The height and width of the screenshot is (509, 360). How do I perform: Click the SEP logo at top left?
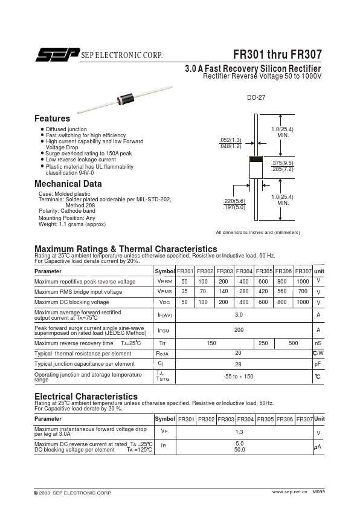(57, 54)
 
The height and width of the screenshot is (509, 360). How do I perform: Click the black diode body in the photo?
(126, 99)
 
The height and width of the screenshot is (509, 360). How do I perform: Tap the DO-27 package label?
(256, 97)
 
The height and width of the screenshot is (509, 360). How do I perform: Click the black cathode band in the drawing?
(256, 160)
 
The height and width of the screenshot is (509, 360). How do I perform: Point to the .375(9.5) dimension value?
(283, 163)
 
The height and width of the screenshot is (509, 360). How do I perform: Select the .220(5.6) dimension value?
(234, 201)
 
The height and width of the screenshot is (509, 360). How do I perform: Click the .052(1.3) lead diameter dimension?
(230, 140)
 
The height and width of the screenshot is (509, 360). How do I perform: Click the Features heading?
(52, 118)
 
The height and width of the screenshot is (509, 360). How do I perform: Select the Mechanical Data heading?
(68, 184)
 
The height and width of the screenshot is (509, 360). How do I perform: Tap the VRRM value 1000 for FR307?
(303, 282)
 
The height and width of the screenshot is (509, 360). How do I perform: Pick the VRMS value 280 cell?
(243, 291)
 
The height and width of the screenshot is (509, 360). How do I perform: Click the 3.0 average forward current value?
(239, 314)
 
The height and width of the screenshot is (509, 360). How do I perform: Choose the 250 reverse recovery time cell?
(263, 343)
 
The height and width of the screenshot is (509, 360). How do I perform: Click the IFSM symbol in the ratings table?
(164, 331)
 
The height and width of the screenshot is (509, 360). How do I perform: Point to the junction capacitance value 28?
(238, 365)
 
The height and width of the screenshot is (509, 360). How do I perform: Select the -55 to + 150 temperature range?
(239, 377)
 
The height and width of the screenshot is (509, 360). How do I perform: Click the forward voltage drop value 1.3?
(239, 432)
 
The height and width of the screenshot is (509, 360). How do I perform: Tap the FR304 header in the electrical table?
(245, 419)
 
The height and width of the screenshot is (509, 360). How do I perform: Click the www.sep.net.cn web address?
(289, 492)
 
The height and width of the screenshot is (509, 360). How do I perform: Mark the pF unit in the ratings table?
(318, 365)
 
